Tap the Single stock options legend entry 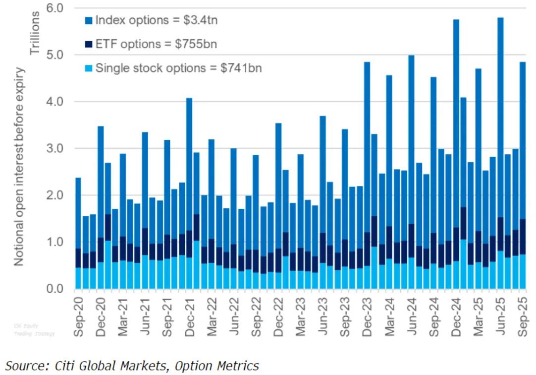pyautogui.click(x=173, y=68)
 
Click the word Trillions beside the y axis pyautogui.click(x=35, y=30)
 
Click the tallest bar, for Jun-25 pyautogui.click(x=500, y=149)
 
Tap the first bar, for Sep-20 pyautogui.click(x=78, y=233)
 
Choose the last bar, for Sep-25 pyautogui.click(x=522, y=174)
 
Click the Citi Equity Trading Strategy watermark pyautogui.click(x=41, y=328)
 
